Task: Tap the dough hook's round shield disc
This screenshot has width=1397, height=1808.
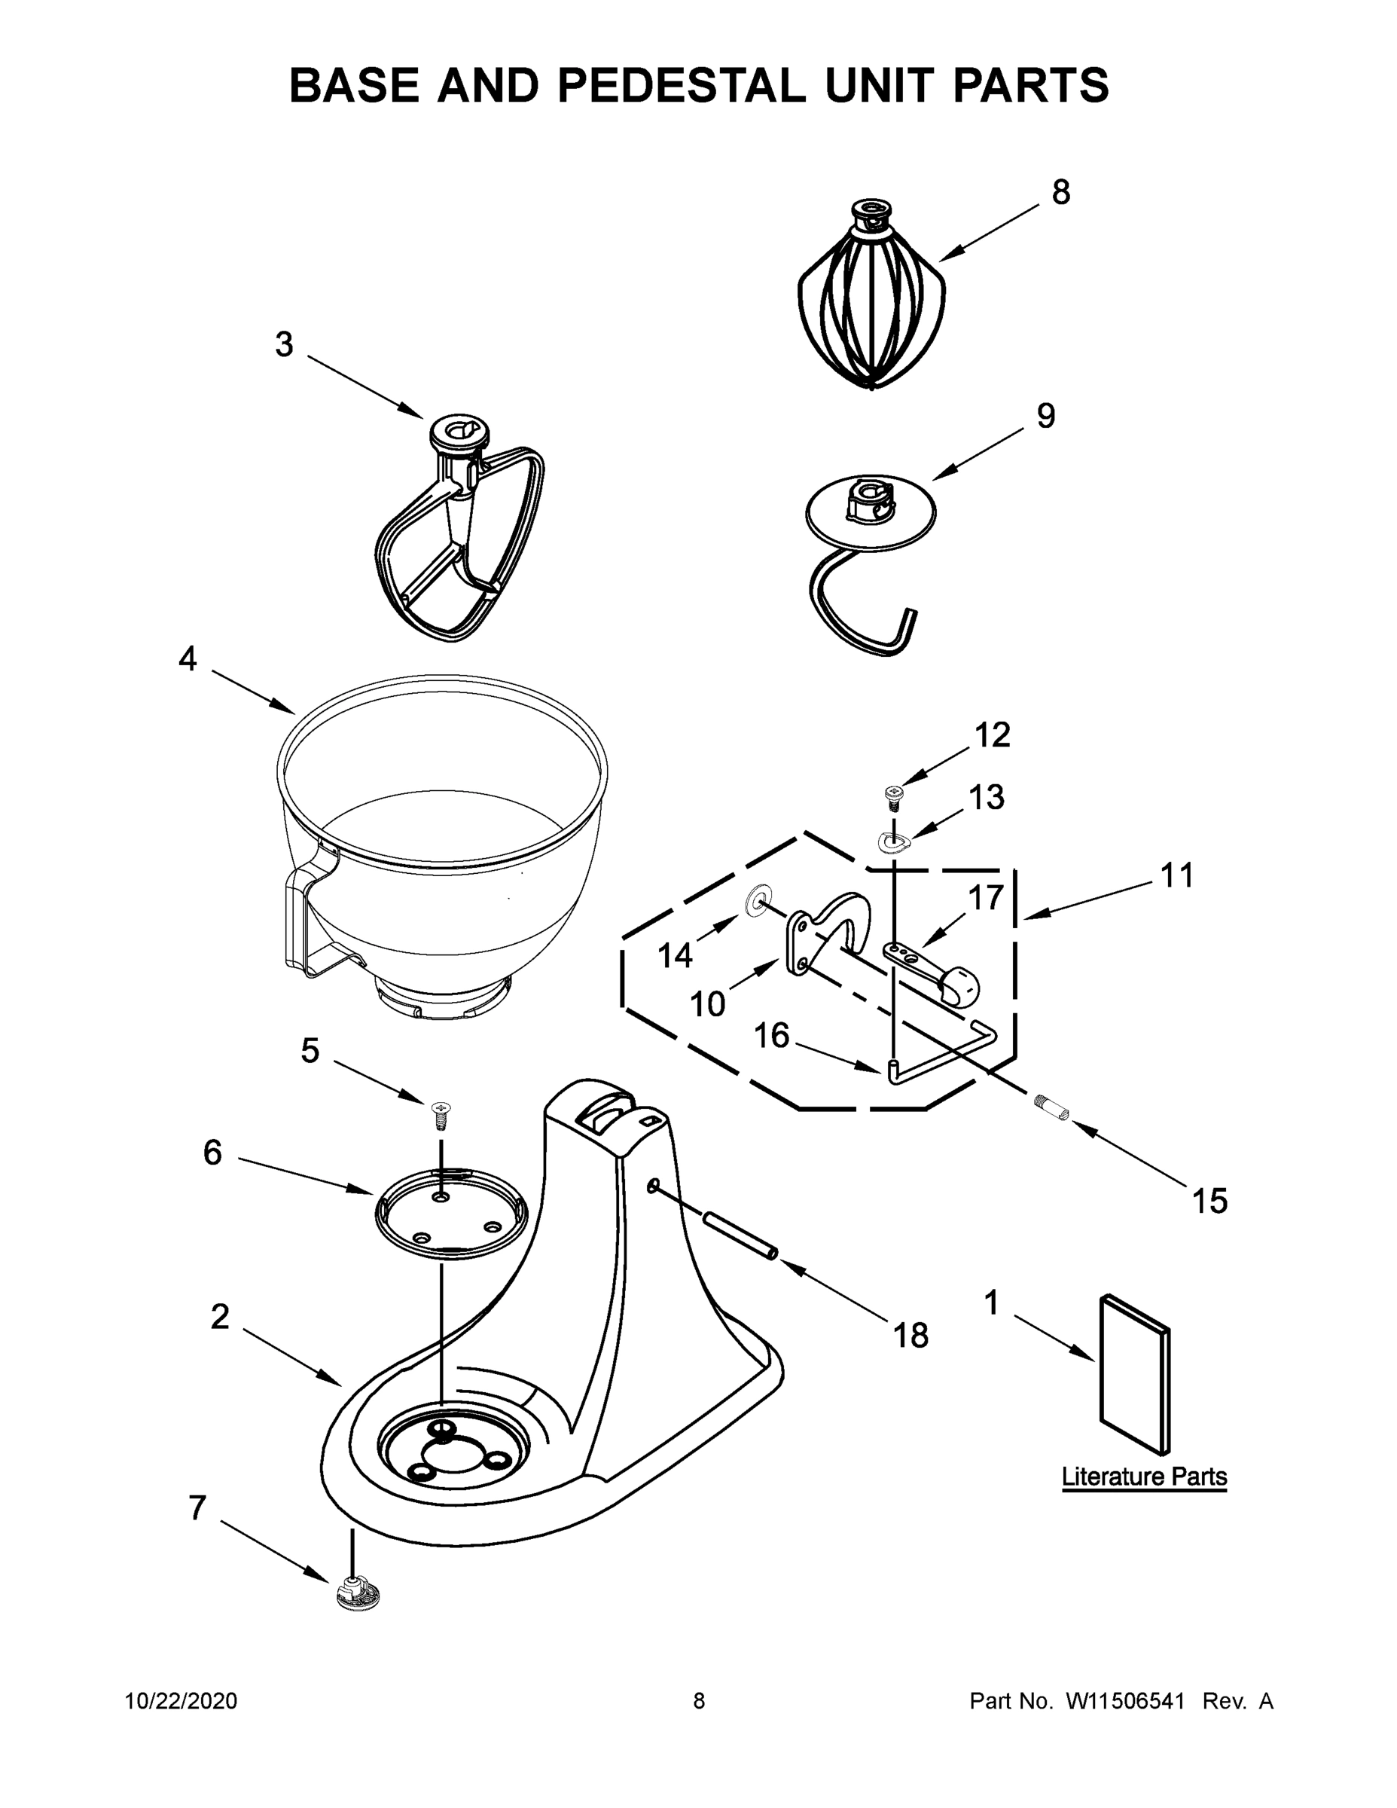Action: click(870, 512)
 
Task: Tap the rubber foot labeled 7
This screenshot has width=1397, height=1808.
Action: click(358, 1593)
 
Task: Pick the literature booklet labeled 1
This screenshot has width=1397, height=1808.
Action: click(1134, 1374)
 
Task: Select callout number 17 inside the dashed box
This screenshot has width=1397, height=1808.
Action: click(986, 897)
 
